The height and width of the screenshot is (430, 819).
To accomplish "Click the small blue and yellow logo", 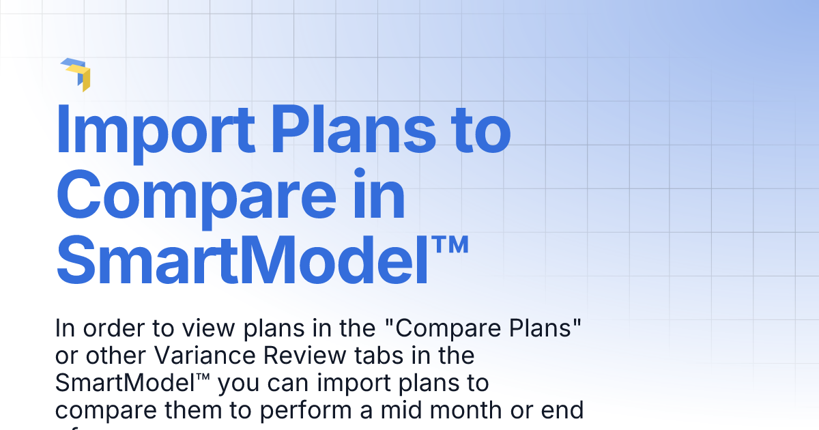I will coord(76,74).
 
